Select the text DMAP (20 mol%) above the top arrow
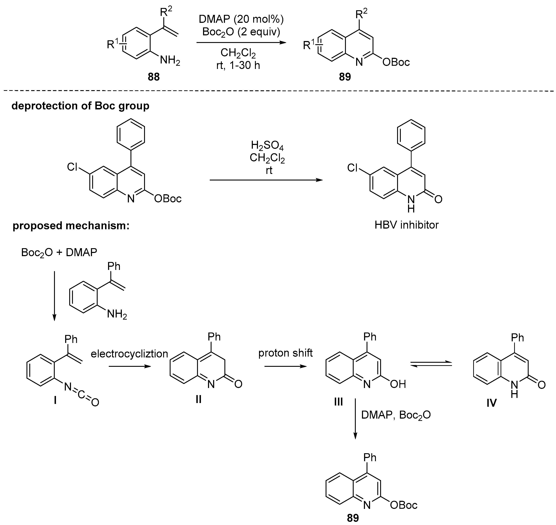coord(241,19)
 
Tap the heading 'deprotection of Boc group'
coord(80,106)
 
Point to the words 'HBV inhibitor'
coord(406,224)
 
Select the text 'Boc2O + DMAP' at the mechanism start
coord(59,253)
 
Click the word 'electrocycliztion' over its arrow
coord(129,354)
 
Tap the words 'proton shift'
coord(285,353)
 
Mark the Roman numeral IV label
coord(491,403)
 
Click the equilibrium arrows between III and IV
coord(431,364)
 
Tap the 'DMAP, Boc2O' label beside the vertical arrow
coord(396,415)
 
